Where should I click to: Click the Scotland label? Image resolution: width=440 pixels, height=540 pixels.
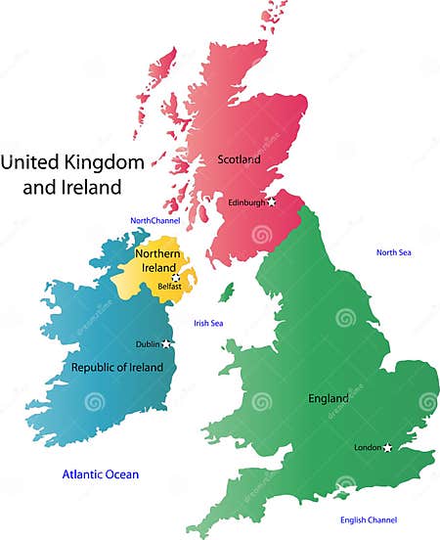click(239, 158)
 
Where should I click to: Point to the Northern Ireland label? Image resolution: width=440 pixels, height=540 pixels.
click(157, 261)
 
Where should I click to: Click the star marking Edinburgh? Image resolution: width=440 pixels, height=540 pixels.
click(272, 202)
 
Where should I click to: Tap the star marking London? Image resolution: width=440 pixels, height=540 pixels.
click(388, 447)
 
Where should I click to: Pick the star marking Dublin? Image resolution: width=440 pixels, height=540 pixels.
click(167, 344)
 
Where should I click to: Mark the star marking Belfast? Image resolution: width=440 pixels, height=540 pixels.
click(176, 277)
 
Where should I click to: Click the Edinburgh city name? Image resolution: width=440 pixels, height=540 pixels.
click(246, 202)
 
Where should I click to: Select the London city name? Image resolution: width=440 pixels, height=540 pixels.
click(368, 448)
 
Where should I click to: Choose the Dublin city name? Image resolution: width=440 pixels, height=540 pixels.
click(148, 344)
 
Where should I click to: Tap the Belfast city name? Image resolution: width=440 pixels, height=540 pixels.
click(168, 288)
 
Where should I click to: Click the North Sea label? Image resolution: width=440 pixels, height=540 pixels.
click(393, 252)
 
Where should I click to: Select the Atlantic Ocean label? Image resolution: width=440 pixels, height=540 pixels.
click(101, 474)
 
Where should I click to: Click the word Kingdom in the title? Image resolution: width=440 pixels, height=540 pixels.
click(102, 160)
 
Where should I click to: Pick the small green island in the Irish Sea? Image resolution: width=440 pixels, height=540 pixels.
click(227, 292)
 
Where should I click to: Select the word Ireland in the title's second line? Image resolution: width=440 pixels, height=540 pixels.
click(88, 187)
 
